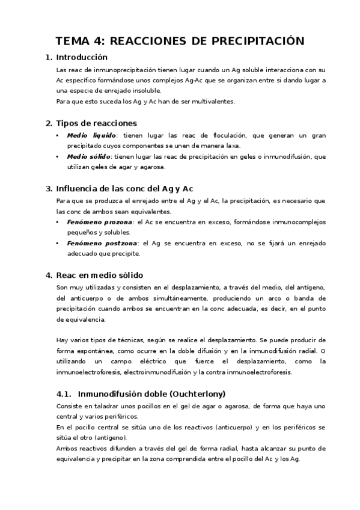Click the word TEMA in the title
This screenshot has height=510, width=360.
click(x=73, y=41)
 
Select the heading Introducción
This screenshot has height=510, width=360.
click(x=81, y=58)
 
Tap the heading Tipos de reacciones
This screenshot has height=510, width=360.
click(x=96, y=123)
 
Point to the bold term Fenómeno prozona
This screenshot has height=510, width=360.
click(x=100, y=222)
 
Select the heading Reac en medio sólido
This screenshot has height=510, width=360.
click(x=99, y=275)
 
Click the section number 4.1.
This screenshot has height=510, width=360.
click(x=63, y=394)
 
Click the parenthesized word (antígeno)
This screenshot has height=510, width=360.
click(x=116, y=437)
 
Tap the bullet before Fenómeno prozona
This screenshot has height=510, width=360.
click(x=58, y=222)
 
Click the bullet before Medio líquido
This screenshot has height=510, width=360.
click(x=58, y=136)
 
